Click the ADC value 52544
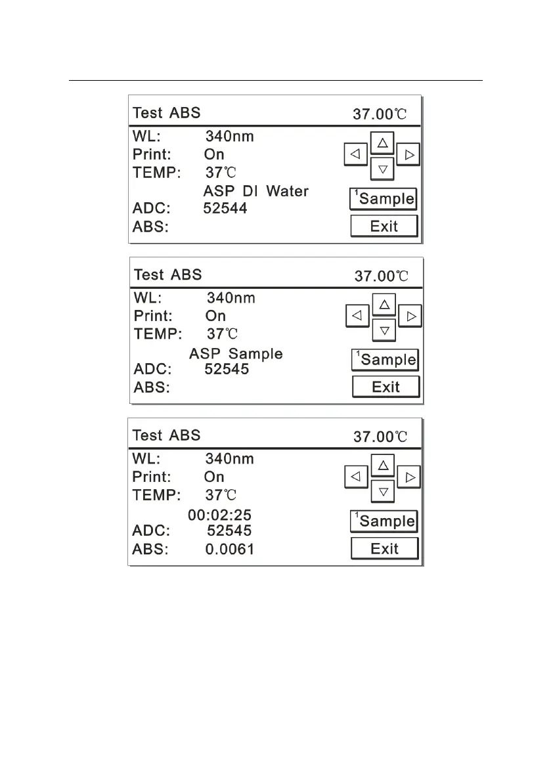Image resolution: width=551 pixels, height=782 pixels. point(225,209)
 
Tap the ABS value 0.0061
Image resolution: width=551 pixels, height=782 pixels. point(230,549)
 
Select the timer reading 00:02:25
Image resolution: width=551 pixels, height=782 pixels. point(219,516)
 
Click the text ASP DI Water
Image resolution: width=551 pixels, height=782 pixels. point(255,192)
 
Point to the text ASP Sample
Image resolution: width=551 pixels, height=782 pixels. point(236,354)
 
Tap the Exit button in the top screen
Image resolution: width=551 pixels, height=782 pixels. point(384,227)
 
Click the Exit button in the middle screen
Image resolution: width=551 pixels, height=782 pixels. point(386,387)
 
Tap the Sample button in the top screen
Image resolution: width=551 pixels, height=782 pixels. point(384,198)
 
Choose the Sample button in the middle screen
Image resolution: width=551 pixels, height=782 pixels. point(386,359)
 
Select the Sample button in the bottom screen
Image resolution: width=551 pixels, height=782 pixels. point(384,521)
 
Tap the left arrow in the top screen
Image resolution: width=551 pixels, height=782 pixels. point(355,155)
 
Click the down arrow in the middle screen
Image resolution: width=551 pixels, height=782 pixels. point(385,330)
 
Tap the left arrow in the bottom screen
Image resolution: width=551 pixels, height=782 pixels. point(355,477)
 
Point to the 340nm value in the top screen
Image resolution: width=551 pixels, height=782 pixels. point(229,137)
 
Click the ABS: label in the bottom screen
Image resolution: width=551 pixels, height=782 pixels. point(150,549)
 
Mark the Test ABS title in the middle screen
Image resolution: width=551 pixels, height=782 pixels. point(167,274)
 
